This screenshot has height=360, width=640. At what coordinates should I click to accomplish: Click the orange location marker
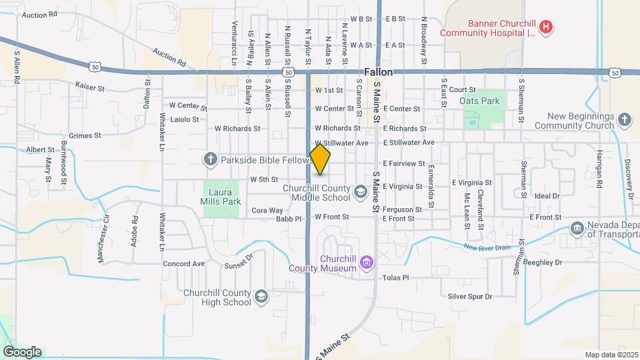coord(321,159)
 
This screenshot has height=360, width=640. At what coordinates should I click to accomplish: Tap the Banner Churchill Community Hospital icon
coord(547,27)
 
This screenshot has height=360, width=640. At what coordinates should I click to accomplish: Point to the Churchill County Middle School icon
coord(360,193)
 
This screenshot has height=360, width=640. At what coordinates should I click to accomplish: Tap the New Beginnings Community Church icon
coord(624,120)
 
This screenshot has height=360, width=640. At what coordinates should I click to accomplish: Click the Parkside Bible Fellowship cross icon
coord(211,159)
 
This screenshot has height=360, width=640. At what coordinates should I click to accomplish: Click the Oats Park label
coord(479,101)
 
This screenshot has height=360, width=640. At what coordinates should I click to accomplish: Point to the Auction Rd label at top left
coord(39,13)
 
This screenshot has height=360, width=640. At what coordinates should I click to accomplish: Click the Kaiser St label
coord(91,87)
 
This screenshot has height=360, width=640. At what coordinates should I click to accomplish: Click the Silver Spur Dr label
coord(469,296)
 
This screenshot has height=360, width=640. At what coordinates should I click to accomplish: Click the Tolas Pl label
coord(395,277)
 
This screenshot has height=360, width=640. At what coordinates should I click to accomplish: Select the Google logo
coord(22,351)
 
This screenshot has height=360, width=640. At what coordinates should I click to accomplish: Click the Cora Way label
coord(267,211)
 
